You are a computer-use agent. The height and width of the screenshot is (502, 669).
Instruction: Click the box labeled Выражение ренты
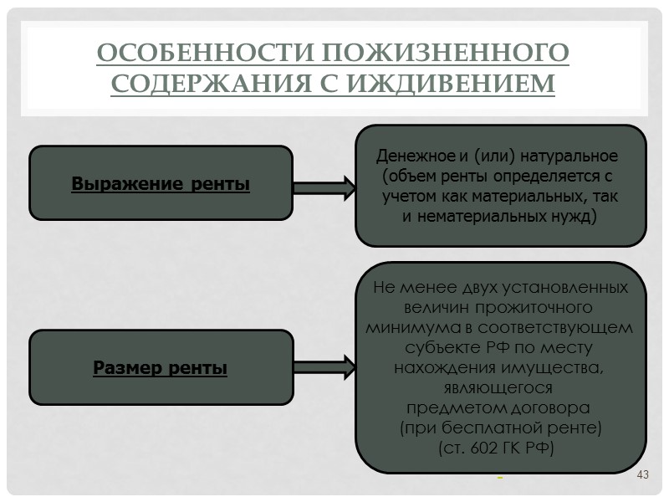coord(161,183)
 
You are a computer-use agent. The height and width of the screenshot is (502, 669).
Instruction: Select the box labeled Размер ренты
coord(161,367)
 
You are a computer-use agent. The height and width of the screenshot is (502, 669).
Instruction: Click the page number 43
coord(643,476)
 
